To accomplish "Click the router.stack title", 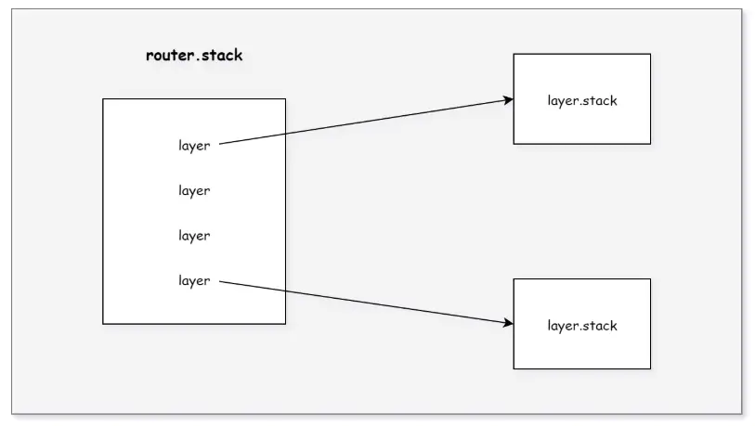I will (194, 55).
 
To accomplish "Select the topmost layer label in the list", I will (194, 146).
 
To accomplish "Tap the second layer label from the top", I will (194, 190).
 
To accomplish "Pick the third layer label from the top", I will (194, 236).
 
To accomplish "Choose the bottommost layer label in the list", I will (194, 280).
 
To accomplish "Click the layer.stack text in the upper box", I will (582, 100).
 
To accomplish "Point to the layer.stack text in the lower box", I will (582, 326).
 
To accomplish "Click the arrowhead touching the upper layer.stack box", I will (508, 99).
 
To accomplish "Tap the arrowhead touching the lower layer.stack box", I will (508, 324).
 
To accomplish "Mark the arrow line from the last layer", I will (390, 305).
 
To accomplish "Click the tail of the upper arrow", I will (221, 145).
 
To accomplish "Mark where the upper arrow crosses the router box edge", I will (285, 135).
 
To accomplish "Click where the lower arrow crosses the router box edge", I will (285, 290).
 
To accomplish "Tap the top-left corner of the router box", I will (103, 98).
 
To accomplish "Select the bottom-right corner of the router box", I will (285, 324).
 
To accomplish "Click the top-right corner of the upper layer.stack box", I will (650, 54).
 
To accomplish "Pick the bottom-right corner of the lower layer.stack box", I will (650, 368).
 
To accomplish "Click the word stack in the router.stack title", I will (221, 55).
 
